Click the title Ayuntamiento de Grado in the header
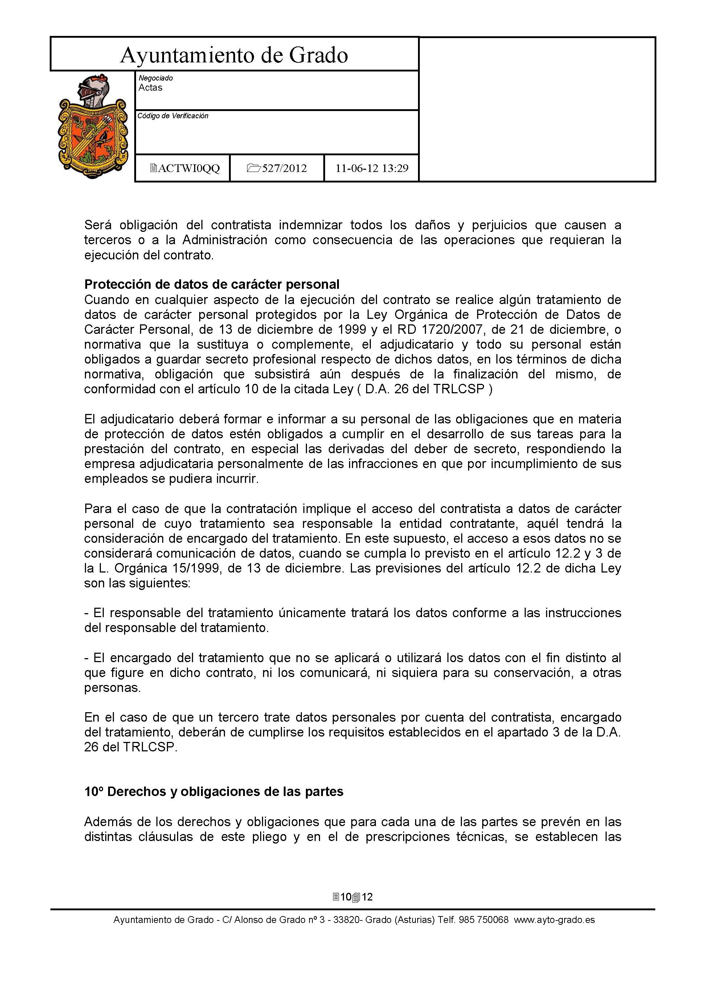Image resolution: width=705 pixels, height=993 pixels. click(234, 55)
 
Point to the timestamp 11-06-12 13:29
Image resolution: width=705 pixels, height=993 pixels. click(372, 168)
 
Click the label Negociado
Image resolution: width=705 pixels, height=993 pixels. click(155, 78)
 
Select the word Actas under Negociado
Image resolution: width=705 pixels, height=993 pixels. click(150, 88)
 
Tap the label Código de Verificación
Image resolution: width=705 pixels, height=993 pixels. click(173, 116)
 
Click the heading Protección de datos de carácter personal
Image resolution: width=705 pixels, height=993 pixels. click(212, 284)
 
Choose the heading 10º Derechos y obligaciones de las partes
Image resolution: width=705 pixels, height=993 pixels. click(214, 792)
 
